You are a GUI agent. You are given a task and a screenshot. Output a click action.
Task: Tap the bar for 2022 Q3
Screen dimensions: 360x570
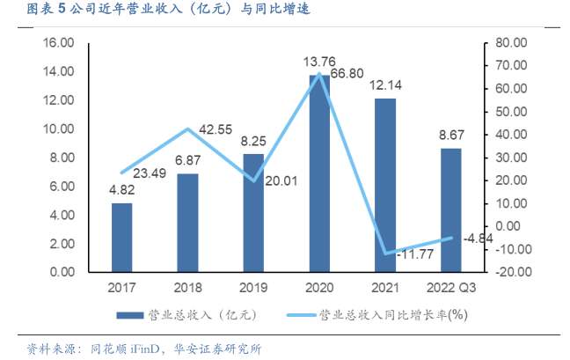click(x=449, y=210)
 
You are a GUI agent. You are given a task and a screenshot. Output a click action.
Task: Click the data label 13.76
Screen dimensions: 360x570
click(x=319, y=62)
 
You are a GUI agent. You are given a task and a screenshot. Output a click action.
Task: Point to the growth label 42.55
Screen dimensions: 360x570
click(x=215, y=130)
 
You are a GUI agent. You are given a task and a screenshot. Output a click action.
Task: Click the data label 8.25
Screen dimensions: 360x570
click(x=253, y=140)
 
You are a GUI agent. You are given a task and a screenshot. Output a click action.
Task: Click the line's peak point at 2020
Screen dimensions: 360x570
click(x=319, y=73)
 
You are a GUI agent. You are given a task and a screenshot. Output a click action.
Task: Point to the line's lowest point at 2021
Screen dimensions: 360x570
click(x=384, y=253)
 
